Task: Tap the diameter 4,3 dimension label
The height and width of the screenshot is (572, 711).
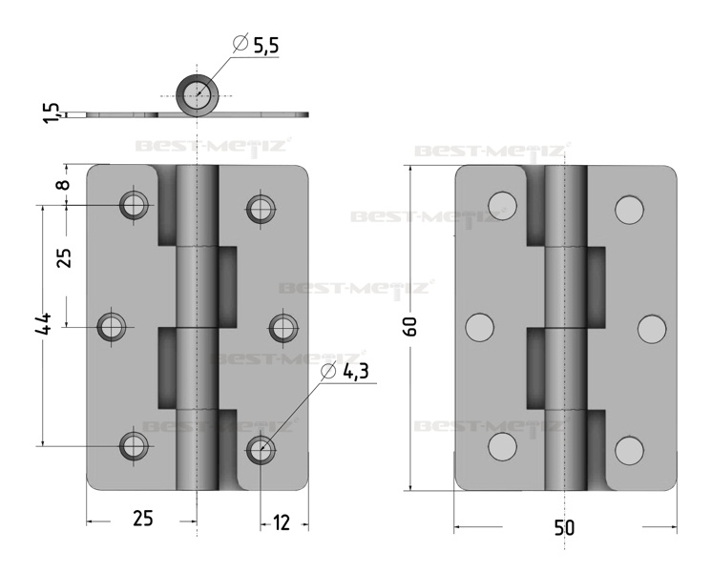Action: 345,372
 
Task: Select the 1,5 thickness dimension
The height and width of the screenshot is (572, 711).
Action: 52,112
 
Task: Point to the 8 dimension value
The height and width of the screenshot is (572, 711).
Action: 64,184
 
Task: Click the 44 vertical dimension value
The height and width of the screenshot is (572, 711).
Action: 44,324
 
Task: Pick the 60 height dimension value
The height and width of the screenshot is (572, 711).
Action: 410,327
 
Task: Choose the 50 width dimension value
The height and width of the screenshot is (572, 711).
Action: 564,527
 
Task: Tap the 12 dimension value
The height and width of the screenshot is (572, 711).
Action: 282,522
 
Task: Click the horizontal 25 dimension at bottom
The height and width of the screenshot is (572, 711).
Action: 143,518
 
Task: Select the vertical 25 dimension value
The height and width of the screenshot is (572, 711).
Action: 65,258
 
